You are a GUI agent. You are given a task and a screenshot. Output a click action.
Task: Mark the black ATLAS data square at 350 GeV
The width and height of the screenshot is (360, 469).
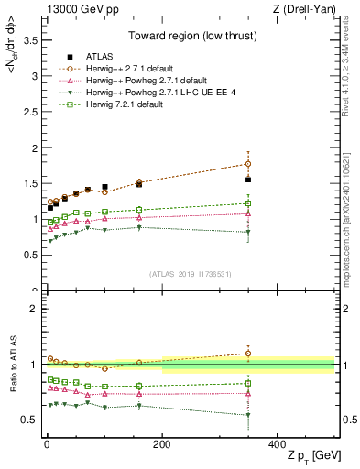(x=248, y=180)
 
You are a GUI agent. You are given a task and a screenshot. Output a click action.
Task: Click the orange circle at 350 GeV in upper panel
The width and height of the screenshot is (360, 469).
(x=248, y=164)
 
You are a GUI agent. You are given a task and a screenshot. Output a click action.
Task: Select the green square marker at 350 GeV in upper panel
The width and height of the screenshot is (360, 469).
(x=248, y=203)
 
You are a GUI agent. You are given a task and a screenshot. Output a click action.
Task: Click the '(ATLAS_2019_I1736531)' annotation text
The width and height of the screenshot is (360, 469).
(x=191, y=274)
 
